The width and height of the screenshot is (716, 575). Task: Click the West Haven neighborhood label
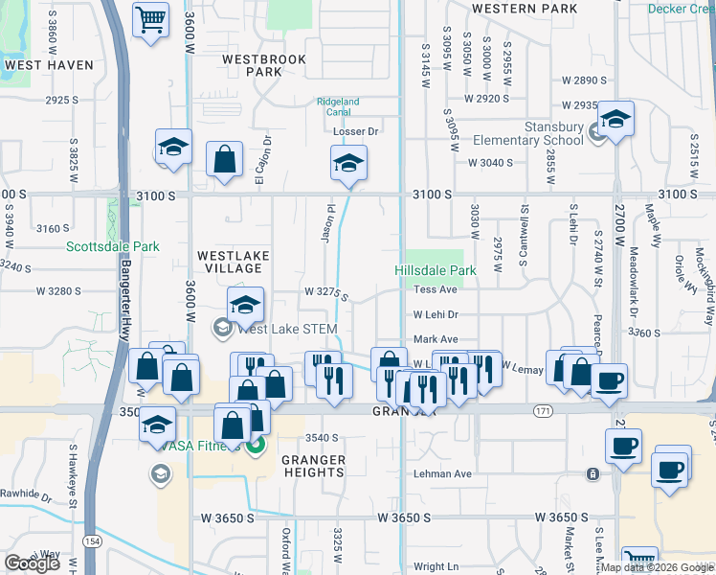click(x=49, y=65)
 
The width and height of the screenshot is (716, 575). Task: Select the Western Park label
click(x=525, y=8)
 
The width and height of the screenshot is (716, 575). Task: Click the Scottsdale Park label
click(x=113, y=246)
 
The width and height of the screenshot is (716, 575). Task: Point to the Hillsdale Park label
click(x=436, y=270)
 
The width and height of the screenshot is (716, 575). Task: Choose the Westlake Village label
click(x=234, y=263)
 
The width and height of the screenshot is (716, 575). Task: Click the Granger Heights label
click(x=314, y=466)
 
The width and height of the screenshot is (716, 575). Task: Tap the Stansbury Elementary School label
click(x=528, y=134)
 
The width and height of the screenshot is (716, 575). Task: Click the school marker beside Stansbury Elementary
click(x=615, y=120)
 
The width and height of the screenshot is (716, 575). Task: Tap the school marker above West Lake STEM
click(x=246, y=307)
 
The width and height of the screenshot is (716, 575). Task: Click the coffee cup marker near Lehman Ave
click(x=623, y=447)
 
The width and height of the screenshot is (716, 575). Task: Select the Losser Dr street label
click(x=356, y=131)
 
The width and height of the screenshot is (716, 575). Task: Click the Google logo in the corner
click(x=32, y=563)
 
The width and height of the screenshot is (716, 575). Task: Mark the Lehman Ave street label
click(x=442, y=474)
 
